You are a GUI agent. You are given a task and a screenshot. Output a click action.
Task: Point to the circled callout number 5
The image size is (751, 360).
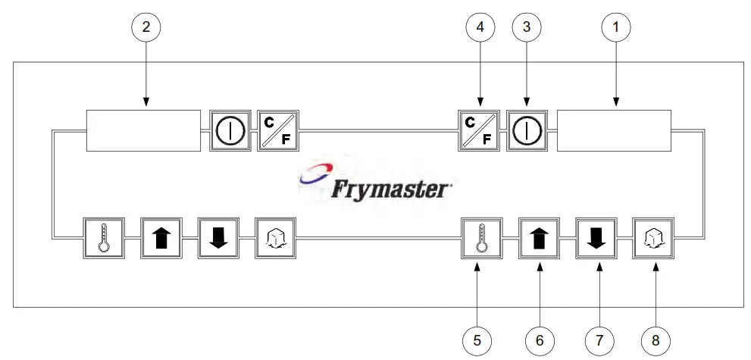tap(477, 341)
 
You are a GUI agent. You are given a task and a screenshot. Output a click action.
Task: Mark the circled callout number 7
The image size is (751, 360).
tap(597, 341)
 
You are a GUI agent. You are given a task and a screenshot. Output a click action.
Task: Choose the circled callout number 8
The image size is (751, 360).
tap(656, 341)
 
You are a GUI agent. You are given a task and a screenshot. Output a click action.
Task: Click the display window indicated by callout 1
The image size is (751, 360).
tap(615, 131)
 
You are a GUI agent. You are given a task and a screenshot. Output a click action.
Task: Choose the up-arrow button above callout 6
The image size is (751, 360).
tap(539, 239)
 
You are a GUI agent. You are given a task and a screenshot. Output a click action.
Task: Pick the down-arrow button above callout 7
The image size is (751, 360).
tap(596, 239)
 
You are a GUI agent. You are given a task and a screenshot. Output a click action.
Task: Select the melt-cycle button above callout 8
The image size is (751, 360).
tap(654, 239)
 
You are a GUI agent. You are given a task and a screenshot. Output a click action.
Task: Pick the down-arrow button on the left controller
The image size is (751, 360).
tap(218, 239)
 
